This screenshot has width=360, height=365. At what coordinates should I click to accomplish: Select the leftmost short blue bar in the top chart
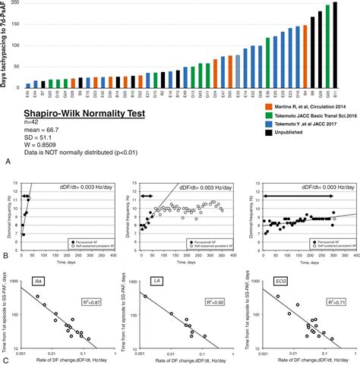point(29,86)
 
